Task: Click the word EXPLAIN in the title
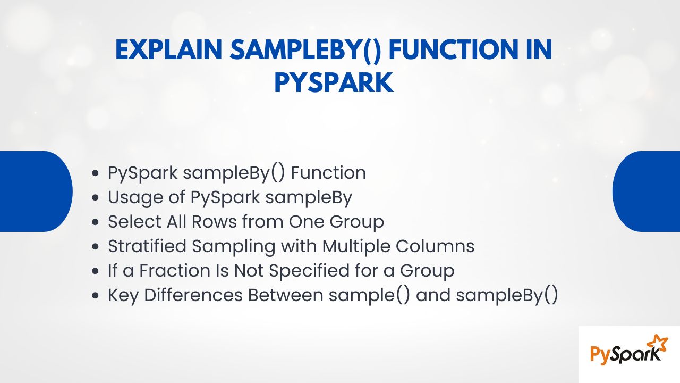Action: click(169, 49)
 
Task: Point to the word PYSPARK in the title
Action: click(334, 82)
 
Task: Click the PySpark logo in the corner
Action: click(629, 354)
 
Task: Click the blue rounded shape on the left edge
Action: click(36, 191)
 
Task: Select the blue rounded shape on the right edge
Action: click(646, 191)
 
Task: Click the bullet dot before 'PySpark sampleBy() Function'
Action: click(95, 173)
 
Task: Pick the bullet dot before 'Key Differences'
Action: click(95, 295)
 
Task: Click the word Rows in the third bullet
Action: click(214, 221)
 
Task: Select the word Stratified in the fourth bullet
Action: click(147, 246)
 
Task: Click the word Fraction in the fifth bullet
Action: click(175, 270)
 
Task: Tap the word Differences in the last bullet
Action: click(193, 295)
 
